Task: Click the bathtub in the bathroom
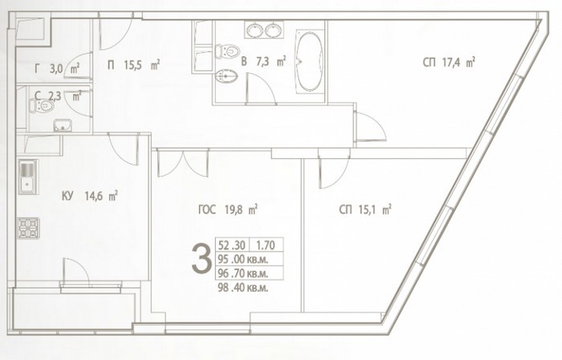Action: click(310, 62)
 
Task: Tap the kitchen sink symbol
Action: click(27, 177)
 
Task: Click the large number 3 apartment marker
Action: click(201, 259)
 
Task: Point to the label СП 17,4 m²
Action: click(449, 63)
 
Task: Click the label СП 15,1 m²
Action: click(364, 210)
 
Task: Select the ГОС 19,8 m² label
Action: click(228, 209)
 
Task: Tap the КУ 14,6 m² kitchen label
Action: click(90, 196)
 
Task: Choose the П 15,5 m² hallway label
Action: click(133, 65)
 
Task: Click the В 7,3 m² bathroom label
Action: click(263, 61)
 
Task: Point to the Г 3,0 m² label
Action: click(57, 68)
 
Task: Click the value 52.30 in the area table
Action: click(231, 245)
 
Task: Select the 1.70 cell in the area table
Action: click(265, 245)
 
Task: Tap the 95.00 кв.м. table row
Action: click(243, 259)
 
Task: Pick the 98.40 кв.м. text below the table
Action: click(243, 287)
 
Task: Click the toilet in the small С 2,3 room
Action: click(42, 105)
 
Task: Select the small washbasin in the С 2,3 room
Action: click(63, 125)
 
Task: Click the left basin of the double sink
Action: click(255, 30)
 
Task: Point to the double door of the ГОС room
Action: click(183, 163)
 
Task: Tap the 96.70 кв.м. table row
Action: click(243, 273)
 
